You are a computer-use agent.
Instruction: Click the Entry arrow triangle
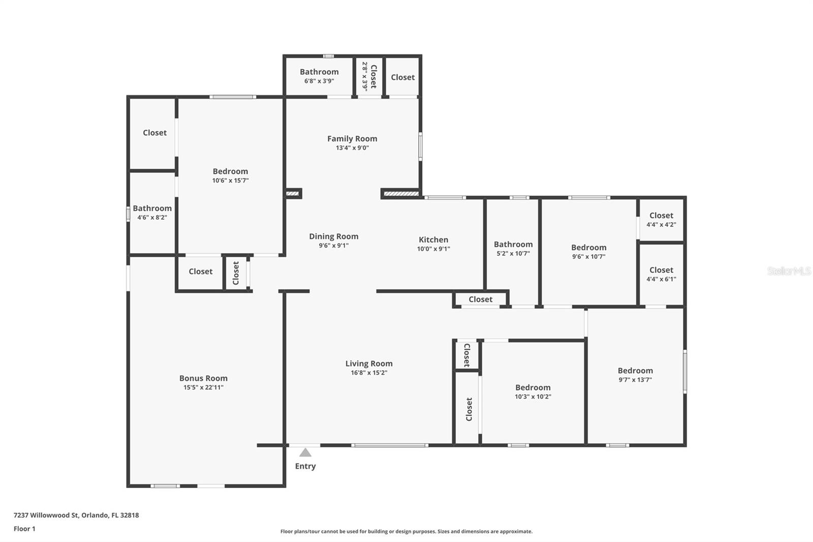(305, 453)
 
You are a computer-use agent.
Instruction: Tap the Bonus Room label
(203, 378)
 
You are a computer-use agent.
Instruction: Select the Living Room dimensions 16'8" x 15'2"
(369, 373)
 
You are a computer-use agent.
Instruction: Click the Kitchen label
(433, 239)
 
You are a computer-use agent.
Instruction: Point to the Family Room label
(352, 138)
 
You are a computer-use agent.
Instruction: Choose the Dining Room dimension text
(334, 246)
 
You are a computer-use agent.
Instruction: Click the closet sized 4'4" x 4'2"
(661, 220)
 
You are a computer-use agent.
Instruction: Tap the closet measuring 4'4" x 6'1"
(661, 274)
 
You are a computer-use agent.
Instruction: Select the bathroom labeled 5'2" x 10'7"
(513, 248)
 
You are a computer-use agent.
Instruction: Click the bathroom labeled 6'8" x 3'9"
(319, 76)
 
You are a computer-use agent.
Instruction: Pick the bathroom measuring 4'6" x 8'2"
(152, 212)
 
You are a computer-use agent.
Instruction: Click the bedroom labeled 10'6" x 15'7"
(230, 175)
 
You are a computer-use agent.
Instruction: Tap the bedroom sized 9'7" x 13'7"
(635, 375)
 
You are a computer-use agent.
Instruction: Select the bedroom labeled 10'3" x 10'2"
(533, 392)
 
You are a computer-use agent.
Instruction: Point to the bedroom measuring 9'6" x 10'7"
(588, 252)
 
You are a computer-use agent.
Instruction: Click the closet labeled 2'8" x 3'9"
(369, 77)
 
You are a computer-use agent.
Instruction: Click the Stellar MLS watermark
(789, 271)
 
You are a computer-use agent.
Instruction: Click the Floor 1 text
(24, 529)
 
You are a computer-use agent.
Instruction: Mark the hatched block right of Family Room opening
(401, 193)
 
